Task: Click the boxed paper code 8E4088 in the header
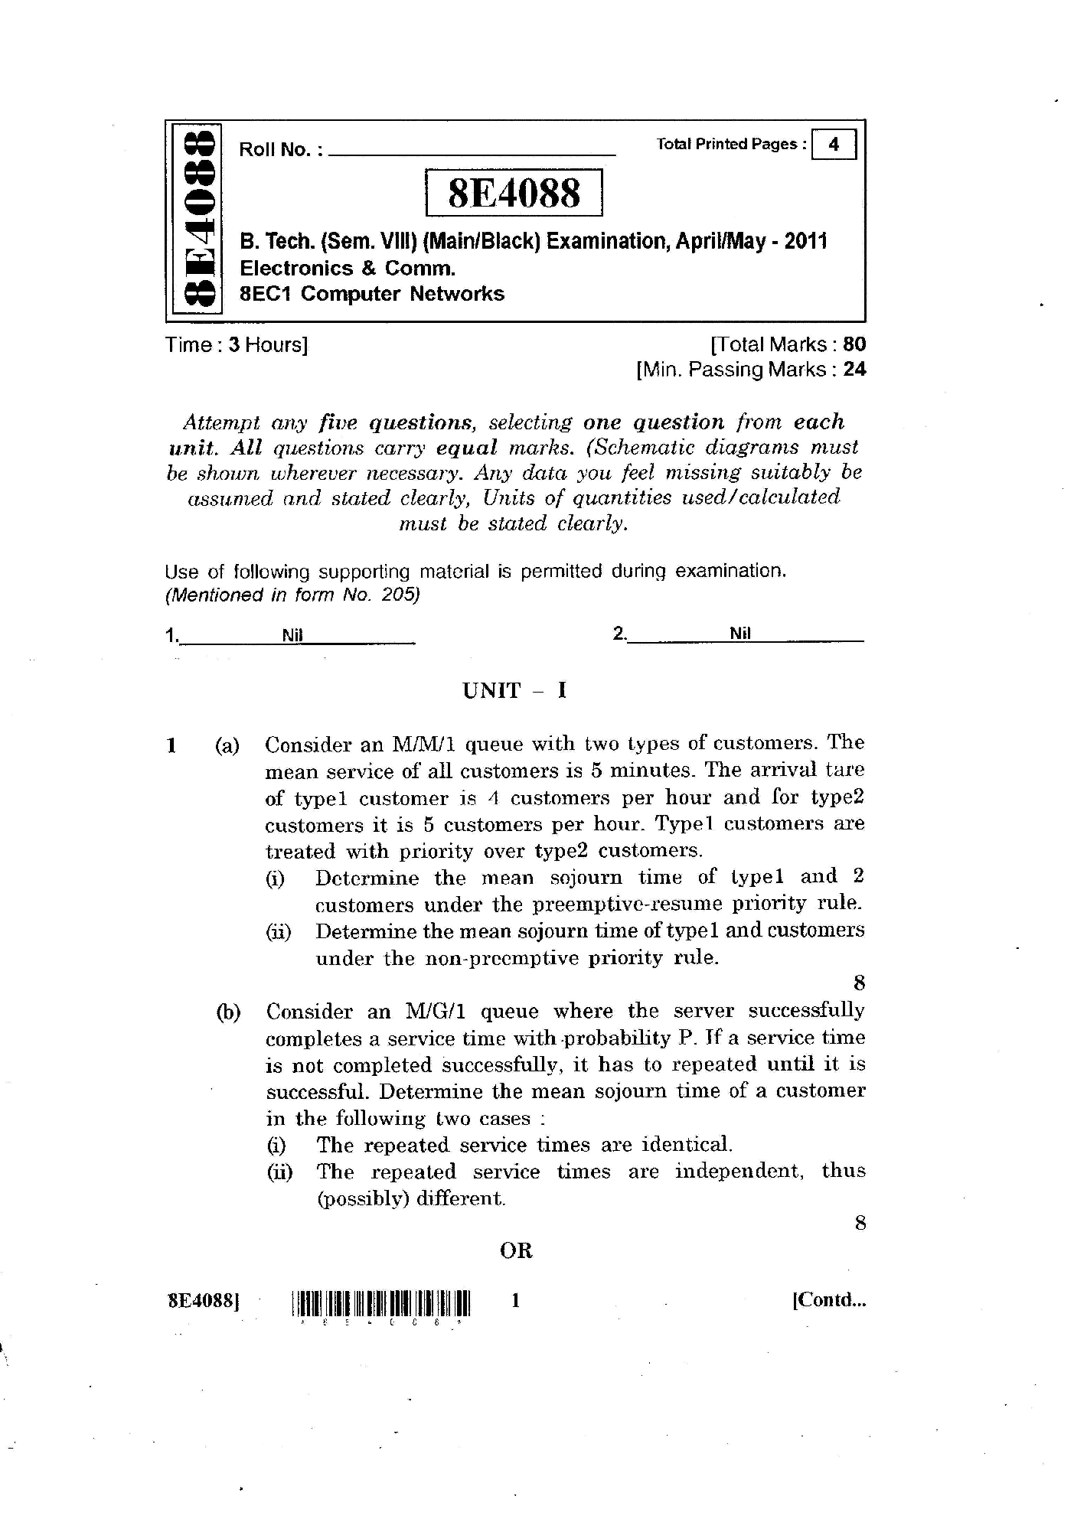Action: [514, 193]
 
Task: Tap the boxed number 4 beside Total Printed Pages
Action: [834, 145]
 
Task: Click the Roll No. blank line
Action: [472, 154]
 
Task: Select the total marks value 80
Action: [854, 344]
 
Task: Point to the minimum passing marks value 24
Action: [854, 370]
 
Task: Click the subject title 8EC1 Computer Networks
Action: [372, 294]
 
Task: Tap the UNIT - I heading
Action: [514, 691]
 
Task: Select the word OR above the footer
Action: [516, 1251]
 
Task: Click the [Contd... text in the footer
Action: [829, 1300]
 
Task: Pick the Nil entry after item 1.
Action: [292, 635]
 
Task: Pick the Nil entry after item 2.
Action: [740, 634]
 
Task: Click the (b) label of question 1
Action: [228, 1012]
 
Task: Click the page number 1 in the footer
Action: [516, 1300]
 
